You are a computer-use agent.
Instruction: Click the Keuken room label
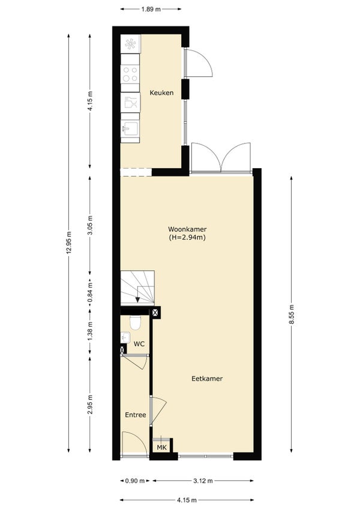coord(161,93)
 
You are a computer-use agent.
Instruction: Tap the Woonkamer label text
coord(187,229)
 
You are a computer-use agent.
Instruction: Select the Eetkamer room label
coord(207,379)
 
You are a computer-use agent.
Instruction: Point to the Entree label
coord(136,415)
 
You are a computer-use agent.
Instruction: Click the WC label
coord(139,344)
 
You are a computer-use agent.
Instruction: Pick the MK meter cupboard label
coord(161,448)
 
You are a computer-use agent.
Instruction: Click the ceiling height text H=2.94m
coord(187,237)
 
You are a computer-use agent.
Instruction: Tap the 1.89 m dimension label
coord(151,9)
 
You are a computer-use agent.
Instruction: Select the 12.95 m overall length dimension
coord(68,243)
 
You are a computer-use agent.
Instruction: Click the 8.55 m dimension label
coord(292,315)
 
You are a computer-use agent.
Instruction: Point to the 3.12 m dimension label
coord(203,481)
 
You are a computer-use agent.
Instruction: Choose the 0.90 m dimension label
coord(135,481)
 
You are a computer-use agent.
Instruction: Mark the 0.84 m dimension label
coord(90,292)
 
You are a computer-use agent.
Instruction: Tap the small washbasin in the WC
coord(125,337)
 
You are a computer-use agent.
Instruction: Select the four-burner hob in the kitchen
coord(130,74)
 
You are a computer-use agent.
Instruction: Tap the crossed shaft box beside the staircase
coord(156,313)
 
